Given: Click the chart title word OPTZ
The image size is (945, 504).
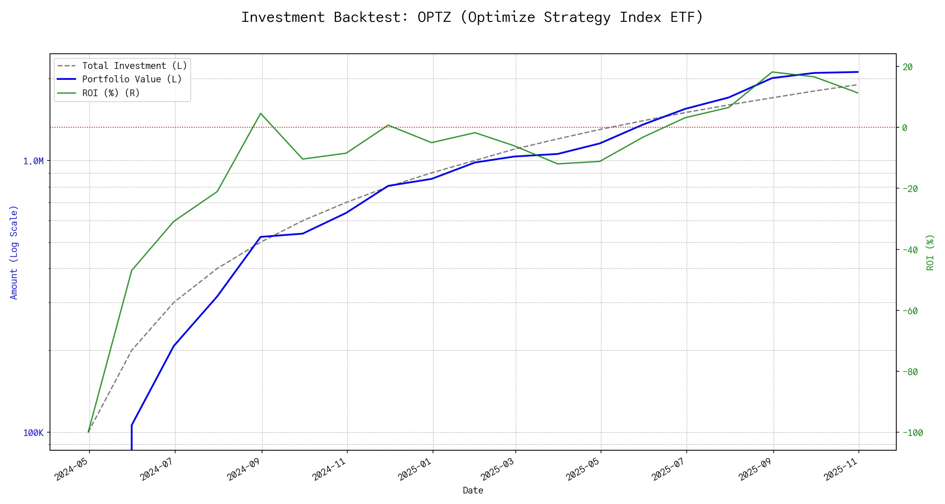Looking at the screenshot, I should pyautogui.click(x=434, y=17).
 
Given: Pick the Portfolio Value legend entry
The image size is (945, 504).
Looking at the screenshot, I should pyautogui.click(x=132, y=79).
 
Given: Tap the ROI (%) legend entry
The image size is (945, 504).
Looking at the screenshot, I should pyautogui.click(x=111, y=93).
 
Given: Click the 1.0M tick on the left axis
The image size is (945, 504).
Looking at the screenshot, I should pyautogui.click(x=33, y=161).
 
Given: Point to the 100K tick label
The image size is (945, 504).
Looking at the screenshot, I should pyautogui.click(x=33, y=433).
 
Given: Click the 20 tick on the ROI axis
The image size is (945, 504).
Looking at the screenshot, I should pyautogui.click(x=907, y=67).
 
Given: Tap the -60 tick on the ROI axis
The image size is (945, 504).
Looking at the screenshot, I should pyautogui.click(x=910, y=311).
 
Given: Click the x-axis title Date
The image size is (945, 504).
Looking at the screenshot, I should pyautogui.click(x=473, y=490).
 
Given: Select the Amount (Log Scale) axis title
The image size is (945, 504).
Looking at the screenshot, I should pyautogui.click(x=14, y=252).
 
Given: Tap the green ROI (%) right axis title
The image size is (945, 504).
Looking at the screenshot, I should pyautogui.click(x=930, y=252).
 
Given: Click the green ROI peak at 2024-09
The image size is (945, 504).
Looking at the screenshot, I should pyautogui.click(x=261, y=113).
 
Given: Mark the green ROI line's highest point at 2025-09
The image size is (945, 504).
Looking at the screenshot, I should pyautogui.click(x=773, y=72).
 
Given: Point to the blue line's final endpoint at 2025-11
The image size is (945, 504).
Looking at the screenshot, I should pyautogui.click(x=858, y=72).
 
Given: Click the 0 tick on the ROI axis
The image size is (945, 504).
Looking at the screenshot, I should pyautogui.click(x=905, y=128).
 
